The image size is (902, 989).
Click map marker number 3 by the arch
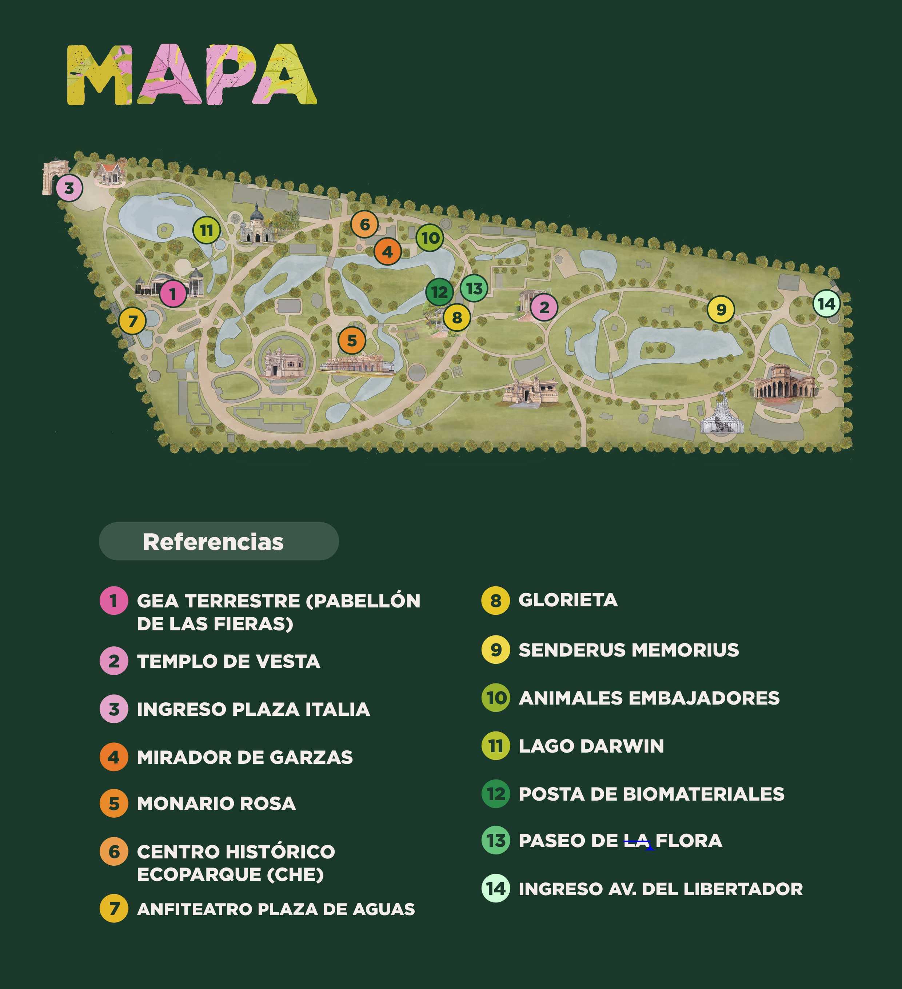(69, 188)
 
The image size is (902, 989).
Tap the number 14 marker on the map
(826, 304)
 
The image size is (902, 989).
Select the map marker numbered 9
(721, 310)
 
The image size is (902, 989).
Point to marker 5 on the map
(352, 340)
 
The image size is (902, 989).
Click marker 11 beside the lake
(206, 230)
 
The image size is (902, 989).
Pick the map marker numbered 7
(132, 321)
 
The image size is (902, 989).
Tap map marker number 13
(474, 288)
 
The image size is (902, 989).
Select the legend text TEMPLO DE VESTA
(228, 661)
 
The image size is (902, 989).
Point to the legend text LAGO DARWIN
(591, 746)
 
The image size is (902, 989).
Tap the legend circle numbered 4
(114, 757)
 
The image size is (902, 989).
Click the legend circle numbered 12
(495, 794)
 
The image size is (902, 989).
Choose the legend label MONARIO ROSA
(216, 803)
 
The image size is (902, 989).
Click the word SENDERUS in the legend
(571, 650)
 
